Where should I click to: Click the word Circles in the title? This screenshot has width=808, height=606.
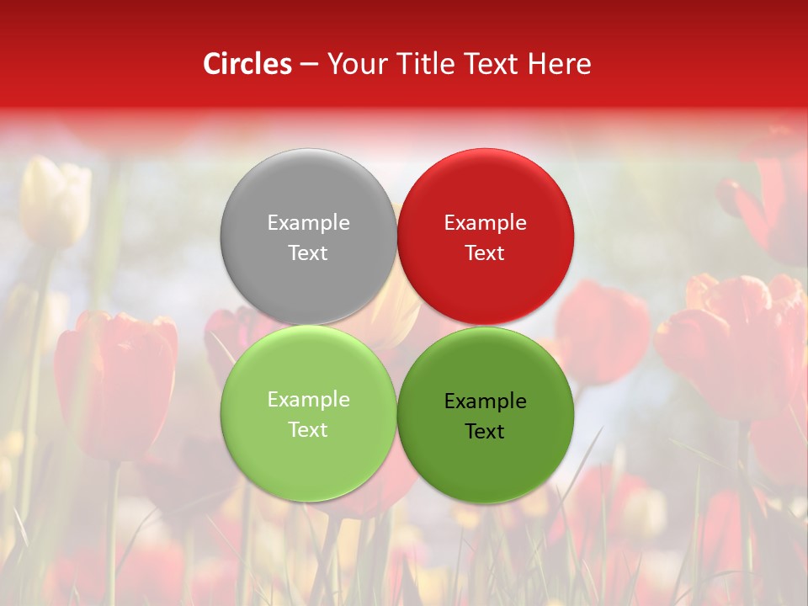pyautogui.click(x=247, y=64)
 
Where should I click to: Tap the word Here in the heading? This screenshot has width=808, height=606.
pyautogui.click(x=560, y=64)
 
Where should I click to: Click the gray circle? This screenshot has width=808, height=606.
pyautogui.click(x=308, y=194)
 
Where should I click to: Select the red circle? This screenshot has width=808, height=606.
pyautogui.click(x=486, y=194)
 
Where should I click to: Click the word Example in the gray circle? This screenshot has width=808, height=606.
pyautogui.click(x=308, y=223)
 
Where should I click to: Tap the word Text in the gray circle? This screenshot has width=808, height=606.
pyautogui.click(x=308, y=253)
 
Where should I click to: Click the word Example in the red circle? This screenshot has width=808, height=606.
pyautogui.click(x=485, y=223)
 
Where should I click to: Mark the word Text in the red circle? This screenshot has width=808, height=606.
pyautogui.click(x=485, y=253)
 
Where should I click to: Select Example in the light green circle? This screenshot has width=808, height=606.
pyautogui.click(x=308, y=400)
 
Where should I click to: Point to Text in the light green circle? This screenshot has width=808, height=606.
pyautogui.click(x=308, y=430)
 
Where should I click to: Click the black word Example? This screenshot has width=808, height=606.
pyautogui.click(x=485, y=401)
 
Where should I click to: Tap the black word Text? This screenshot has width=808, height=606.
pyautogui.click(x=485, y=432)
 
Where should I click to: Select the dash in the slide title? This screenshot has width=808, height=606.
pyautogui.click(x=309, y=65)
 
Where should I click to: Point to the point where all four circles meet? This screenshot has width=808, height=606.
pyautogui.click(x=397, y=326)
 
